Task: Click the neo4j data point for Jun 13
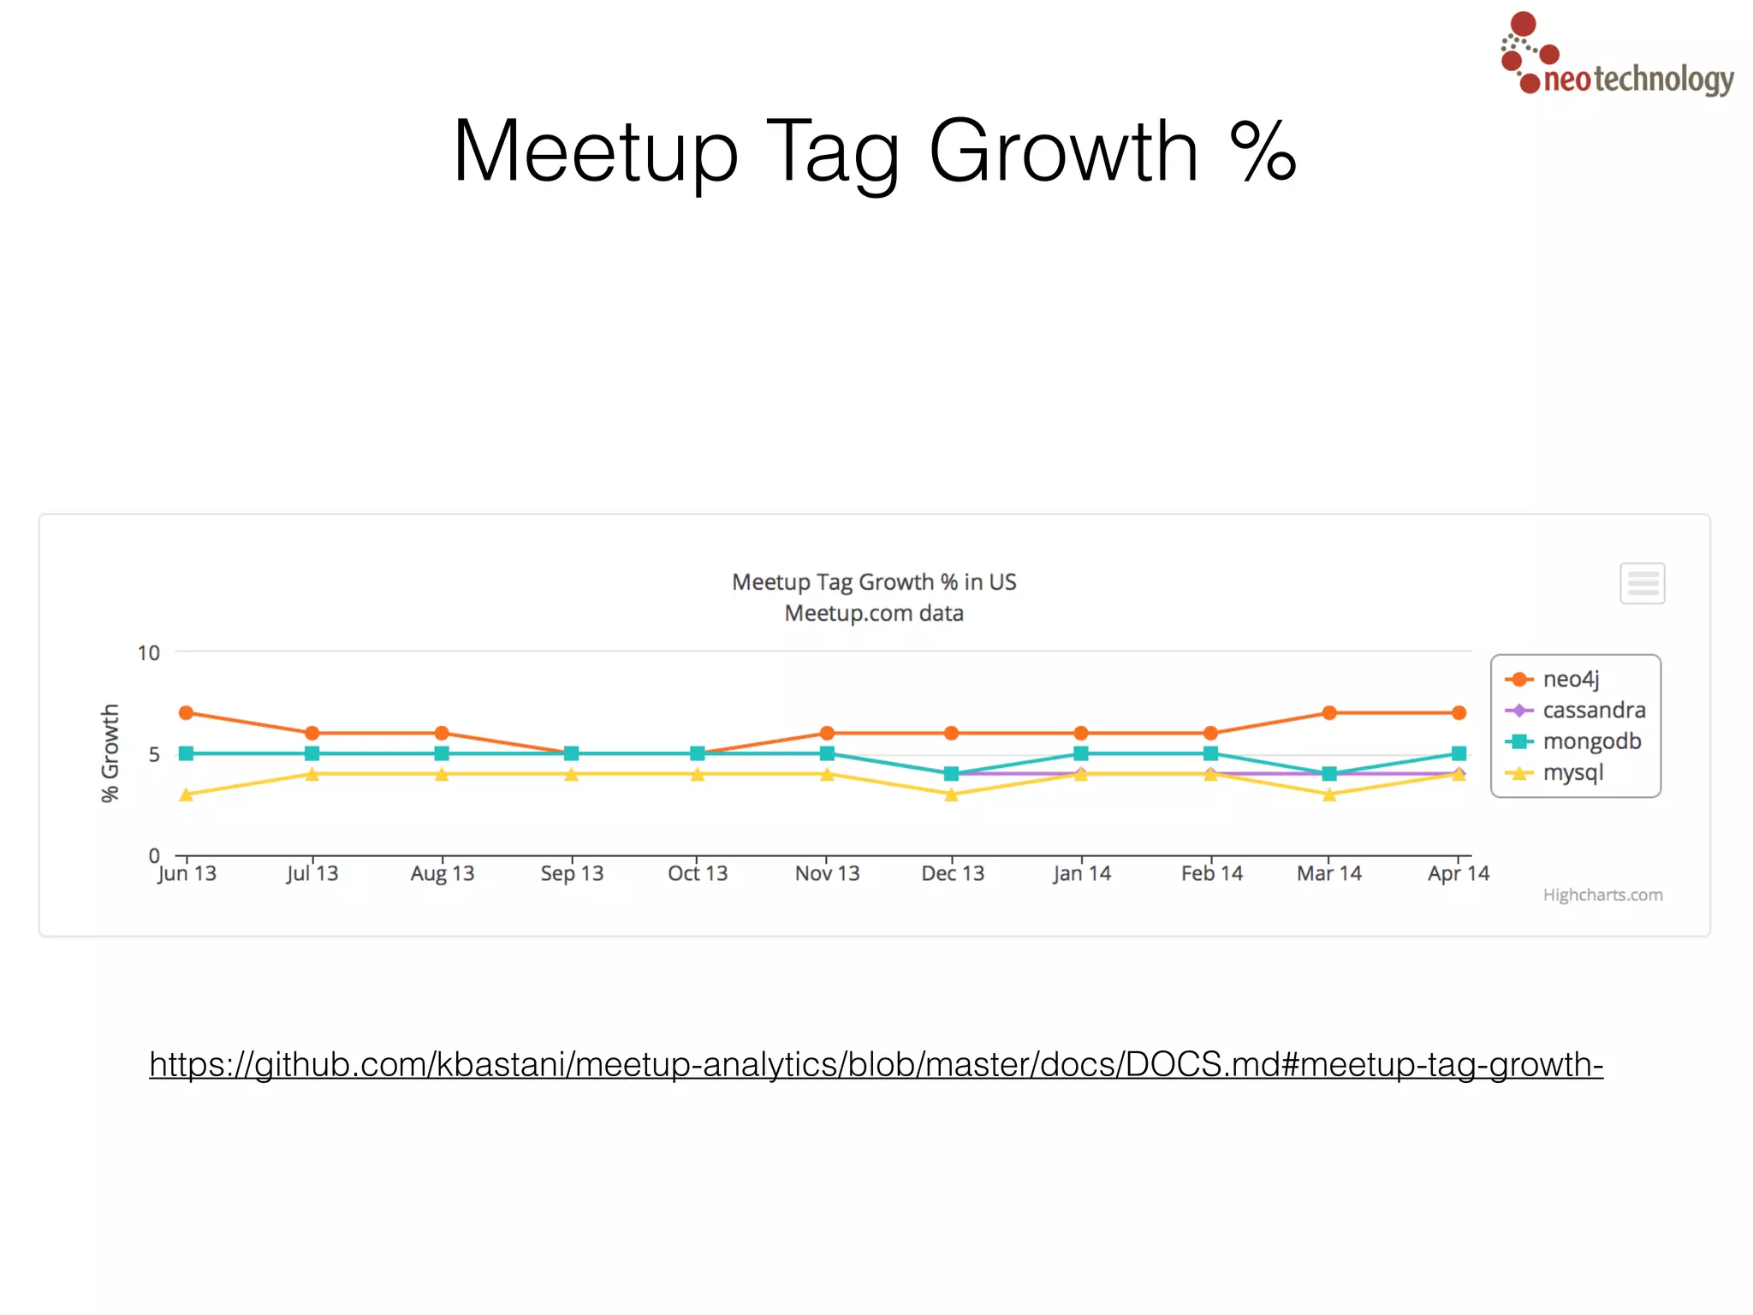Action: [186, 712]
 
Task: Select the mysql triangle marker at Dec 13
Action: [951, 794]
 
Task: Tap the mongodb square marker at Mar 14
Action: [1328, 774]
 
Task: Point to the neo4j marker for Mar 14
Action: [1328, 712]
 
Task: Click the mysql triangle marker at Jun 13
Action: [186, 794]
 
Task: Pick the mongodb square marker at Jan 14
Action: [1081, 753]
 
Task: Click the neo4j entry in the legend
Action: [1570, 679]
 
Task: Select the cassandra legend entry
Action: [1593, 710]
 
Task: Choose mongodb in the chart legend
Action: [1591, 741]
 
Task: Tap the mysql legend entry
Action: [1572, 772]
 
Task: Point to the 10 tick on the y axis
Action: [149, 653]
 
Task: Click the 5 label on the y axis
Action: [154, 754]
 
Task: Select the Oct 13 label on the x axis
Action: [698, 873]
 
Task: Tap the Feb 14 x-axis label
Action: [1211, 873]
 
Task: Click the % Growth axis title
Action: [110, 753]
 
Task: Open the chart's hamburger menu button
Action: [1642, 583]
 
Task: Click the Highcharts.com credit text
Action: [1602, 895]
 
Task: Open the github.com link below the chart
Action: [876, 1064]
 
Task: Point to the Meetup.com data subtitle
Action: [874, 613]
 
